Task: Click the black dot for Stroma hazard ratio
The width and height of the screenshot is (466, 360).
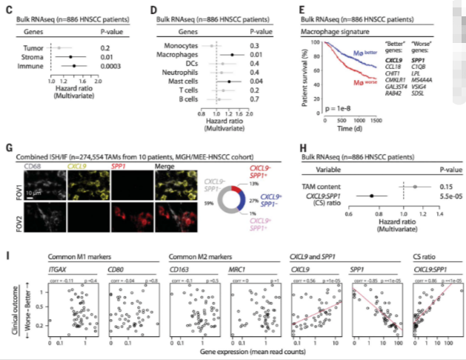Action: click(71, 57)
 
